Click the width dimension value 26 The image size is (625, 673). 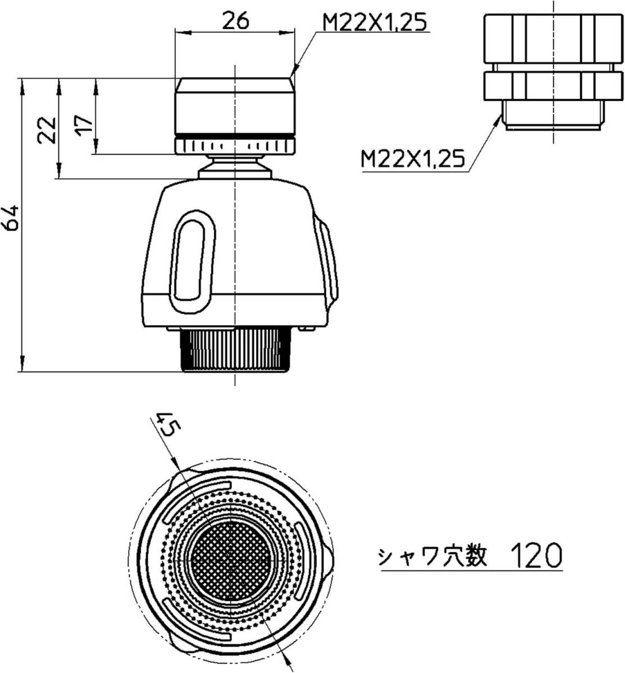click(x=235, y=21)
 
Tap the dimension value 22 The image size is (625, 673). click(x=47, y=131)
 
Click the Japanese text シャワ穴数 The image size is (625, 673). click(x=432, y=556)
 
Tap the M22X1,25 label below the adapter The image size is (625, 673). click(x=412, y=159)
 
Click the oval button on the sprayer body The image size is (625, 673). click(x=193, y=262)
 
